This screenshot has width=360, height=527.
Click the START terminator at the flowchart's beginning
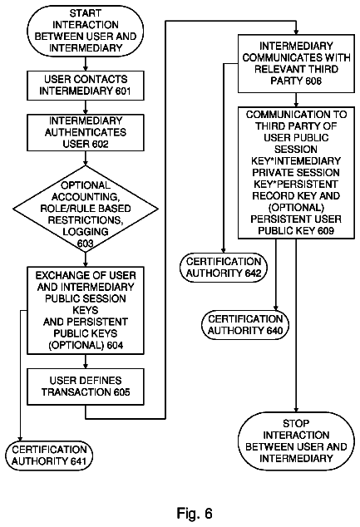point(86,31)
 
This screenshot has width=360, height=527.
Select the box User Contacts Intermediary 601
point(86,86)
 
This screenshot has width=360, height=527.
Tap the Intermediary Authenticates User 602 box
point(86,132)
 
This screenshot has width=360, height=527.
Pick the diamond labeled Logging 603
point(86,209)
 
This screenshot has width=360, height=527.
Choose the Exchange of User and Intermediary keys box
point(86,310)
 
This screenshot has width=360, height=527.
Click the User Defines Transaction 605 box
point(86,387)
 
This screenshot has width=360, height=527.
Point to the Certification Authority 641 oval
point(49,456)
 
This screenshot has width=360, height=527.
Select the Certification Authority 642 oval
point(224,268)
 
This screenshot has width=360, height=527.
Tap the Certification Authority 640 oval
point(245,325)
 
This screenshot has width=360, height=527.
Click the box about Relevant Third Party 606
point(296,63)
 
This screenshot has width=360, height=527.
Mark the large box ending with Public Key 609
point(296,173)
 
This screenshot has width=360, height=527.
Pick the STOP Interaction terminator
point(296,441)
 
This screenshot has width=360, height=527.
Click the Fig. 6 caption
point(195,513)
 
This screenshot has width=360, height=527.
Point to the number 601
point(122,91)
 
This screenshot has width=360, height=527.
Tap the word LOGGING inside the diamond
point(86,232)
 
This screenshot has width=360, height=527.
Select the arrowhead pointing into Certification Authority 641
point(20,438)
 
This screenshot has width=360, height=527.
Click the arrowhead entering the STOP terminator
point(296,409)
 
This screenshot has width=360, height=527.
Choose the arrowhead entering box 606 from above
point(296,32)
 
